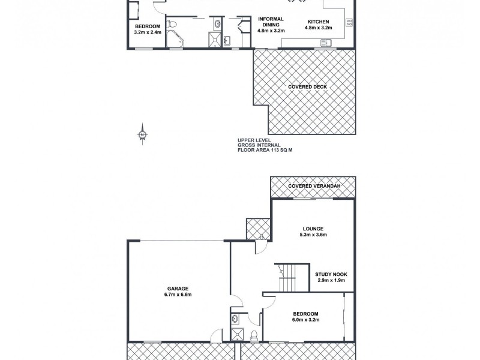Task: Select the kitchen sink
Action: pyautogui.click(x=326, y=42)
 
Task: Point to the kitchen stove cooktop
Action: pyautogui.click(x=349, y=23)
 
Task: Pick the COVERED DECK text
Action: pyautogui.click(x=307, y=86)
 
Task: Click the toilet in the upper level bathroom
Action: pyautogui.click(x=173, y=25)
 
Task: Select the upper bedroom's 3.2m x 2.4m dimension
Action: pyautogui.click(x=147, y=32)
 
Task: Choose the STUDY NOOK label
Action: pyautogui.click(x=331, y=274)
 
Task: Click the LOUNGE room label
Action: pyautogui.click(x=313, y=228)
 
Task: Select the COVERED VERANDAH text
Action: pyautogui.click(x=314, y=187)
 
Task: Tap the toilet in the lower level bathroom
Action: pyautogui.click(x=254, y=335)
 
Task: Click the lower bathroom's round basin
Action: pyautogui.click(x=236, y=318)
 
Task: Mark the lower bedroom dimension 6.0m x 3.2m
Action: pyautogui.click(x=305, y=320)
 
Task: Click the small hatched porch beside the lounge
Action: pyautogui.click(x=259, y=229)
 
